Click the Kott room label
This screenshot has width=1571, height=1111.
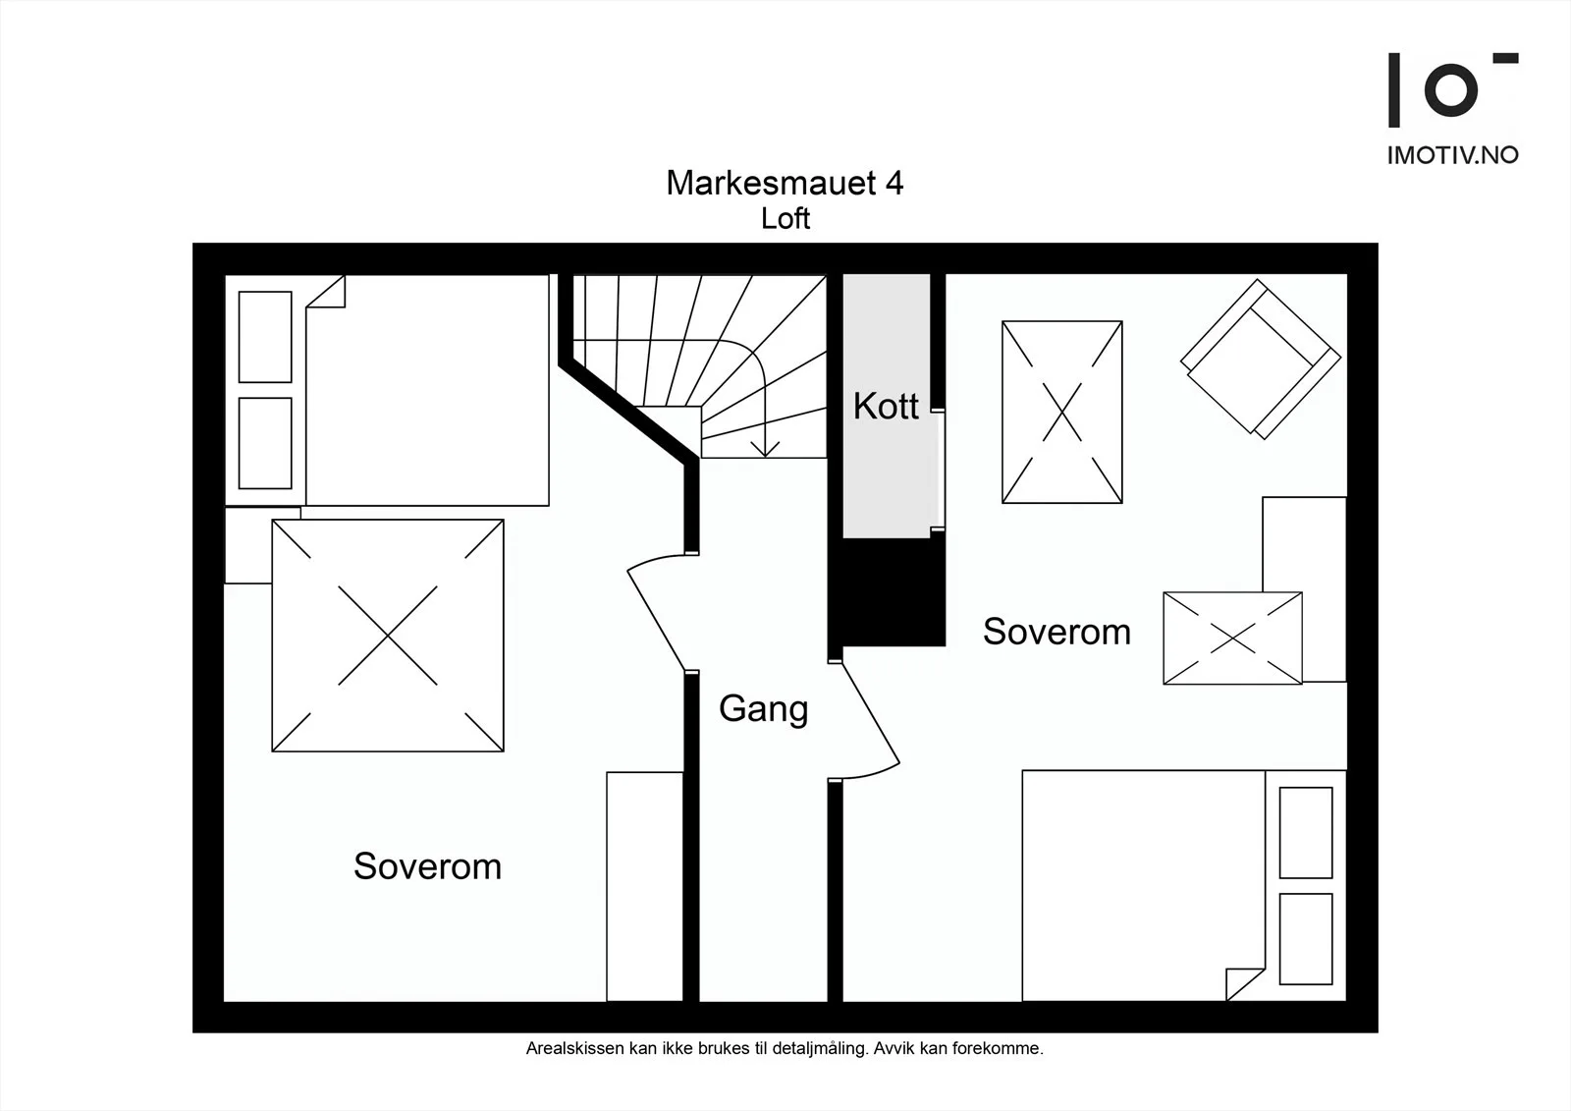click(x=885, y=406)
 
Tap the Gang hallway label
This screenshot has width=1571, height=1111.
click(x=763, y=709)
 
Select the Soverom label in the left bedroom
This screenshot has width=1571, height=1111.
click(x=427, y=866)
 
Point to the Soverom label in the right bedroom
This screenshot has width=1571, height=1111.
click(x=1056, y=631)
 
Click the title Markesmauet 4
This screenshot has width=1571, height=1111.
click(x=785, y=183)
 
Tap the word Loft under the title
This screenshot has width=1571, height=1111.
click(x=785, y=219)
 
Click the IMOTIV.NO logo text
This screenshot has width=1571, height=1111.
click(x=1452, y=155)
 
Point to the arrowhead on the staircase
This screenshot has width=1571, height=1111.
click(x=765, y=449)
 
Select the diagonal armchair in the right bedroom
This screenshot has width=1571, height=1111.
click(x=1261, y=360)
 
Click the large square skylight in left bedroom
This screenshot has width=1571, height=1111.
click(x=388, y=636)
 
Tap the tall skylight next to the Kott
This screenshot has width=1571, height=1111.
click(x=1061, y=412)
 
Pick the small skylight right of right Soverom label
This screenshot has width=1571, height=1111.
click(x=1232, y=638)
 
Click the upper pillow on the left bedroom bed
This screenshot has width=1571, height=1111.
click(x=265, y=337)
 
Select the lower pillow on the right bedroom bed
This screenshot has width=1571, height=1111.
click(x=1305, y=939)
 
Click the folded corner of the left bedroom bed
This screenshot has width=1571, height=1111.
click(x=326, y=291)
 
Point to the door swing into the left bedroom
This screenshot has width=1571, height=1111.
click(x=656, y=612)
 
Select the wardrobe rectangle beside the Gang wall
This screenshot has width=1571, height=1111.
click(x=644, y=886)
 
